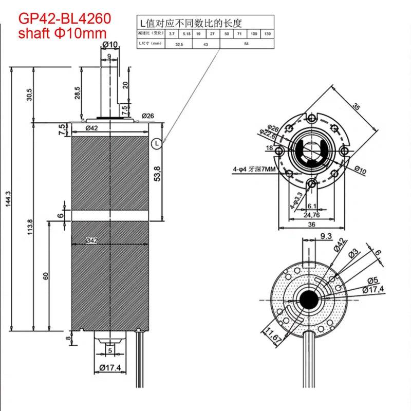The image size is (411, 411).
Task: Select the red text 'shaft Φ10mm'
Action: pos(63,33)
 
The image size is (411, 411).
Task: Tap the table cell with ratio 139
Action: pos(267,33)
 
